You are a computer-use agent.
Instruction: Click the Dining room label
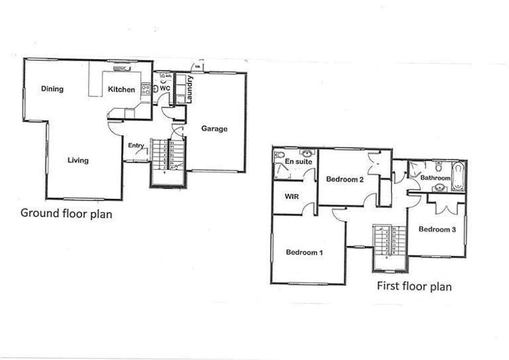[52, 88]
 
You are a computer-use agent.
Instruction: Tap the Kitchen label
[121, 90]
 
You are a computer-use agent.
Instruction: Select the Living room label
[78, 160]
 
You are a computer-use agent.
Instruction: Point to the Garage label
[214, 128]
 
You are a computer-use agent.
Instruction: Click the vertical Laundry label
[191, 89]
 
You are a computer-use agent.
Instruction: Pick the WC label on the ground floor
[164, 88]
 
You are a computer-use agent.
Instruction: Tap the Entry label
[136, 145]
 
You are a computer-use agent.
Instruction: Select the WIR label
[291, 197]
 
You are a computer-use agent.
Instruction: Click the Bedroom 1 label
[304, 252]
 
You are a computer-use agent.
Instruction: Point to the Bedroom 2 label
[346, 179]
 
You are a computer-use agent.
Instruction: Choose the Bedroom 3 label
[437, 229]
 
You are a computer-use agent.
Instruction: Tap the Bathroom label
[436, 178]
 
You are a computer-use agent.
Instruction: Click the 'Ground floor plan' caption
[66, 213]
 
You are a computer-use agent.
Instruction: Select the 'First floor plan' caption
[414, 286]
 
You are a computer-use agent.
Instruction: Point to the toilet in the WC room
[155, 88]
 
